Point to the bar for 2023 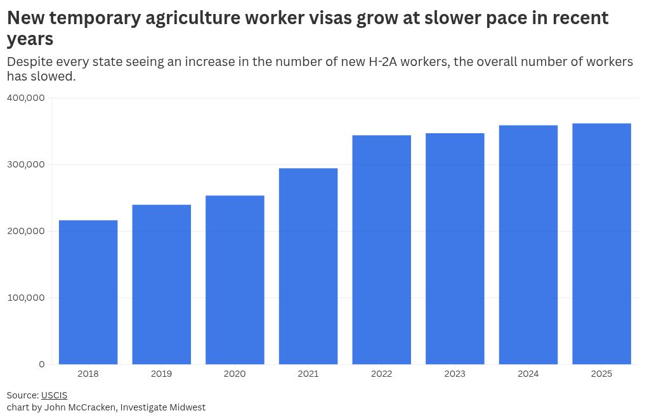(455, 249)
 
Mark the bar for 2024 (528, 245)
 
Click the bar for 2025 (601, 244)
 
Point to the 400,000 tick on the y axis (25, 98)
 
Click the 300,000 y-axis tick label (25, 164)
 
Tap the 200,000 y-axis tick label (25, 231)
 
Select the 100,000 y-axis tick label (25, 298)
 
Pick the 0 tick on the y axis (41, 364)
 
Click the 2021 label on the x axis (308, 374)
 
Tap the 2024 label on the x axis (528, 374)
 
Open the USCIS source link (54, 395)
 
